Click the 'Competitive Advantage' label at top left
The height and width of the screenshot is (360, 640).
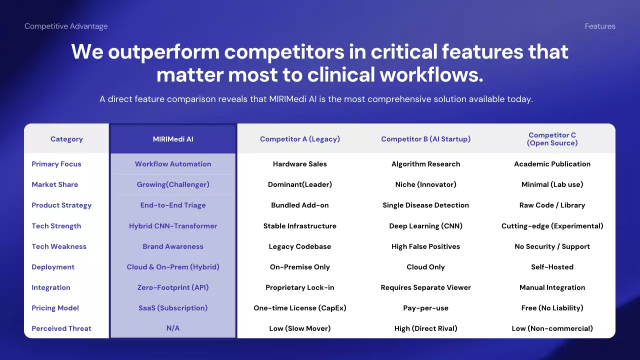coord(66,26)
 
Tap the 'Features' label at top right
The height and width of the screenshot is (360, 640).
coord(600,26)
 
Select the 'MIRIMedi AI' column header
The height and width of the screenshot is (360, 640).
coord(173,139)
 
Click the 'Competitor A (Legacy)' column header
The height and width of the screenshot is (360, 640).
coord(300,139)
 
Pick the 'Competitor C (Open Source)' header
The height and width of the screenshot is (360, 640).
coord(552,139)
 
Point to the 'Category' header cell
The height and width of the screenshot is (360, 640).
coord(66,139)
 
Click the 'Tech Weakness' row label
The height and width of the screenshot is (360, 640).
coord(59,246)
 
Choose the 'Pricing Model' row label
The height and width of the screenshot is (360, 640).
coord(55,308)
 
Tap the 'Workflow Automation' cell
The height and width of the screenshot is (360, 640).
coord(173,164)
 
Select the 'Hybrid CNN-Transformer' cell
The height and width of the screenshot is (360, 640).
coord(173,226)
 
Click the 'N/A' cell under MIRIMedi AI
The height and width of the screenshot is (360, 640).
coord(173,328)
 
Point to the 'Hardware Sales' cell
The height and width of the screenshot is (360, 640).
coord(300,164)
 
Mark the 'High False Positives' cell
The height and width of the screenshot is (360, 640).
coord(425,246)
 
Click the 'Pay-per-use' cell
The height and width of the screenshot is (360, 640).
coord(425,308)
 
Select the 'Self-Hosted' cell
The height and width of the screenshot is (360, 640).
coord(552,267)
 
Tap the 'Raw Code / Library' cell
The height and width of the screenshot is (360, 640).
coord(552,205)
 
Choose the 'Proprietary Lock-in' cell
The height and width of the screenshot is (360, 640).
coord(300,287)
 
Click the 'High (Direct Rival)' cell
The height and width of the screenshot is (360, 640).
coord(425,328)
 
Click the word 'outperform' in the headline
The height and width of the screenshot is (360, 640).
coord(163,52)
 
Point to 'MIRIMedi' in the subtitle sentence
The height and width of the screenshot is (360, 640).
coord(287,99)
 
